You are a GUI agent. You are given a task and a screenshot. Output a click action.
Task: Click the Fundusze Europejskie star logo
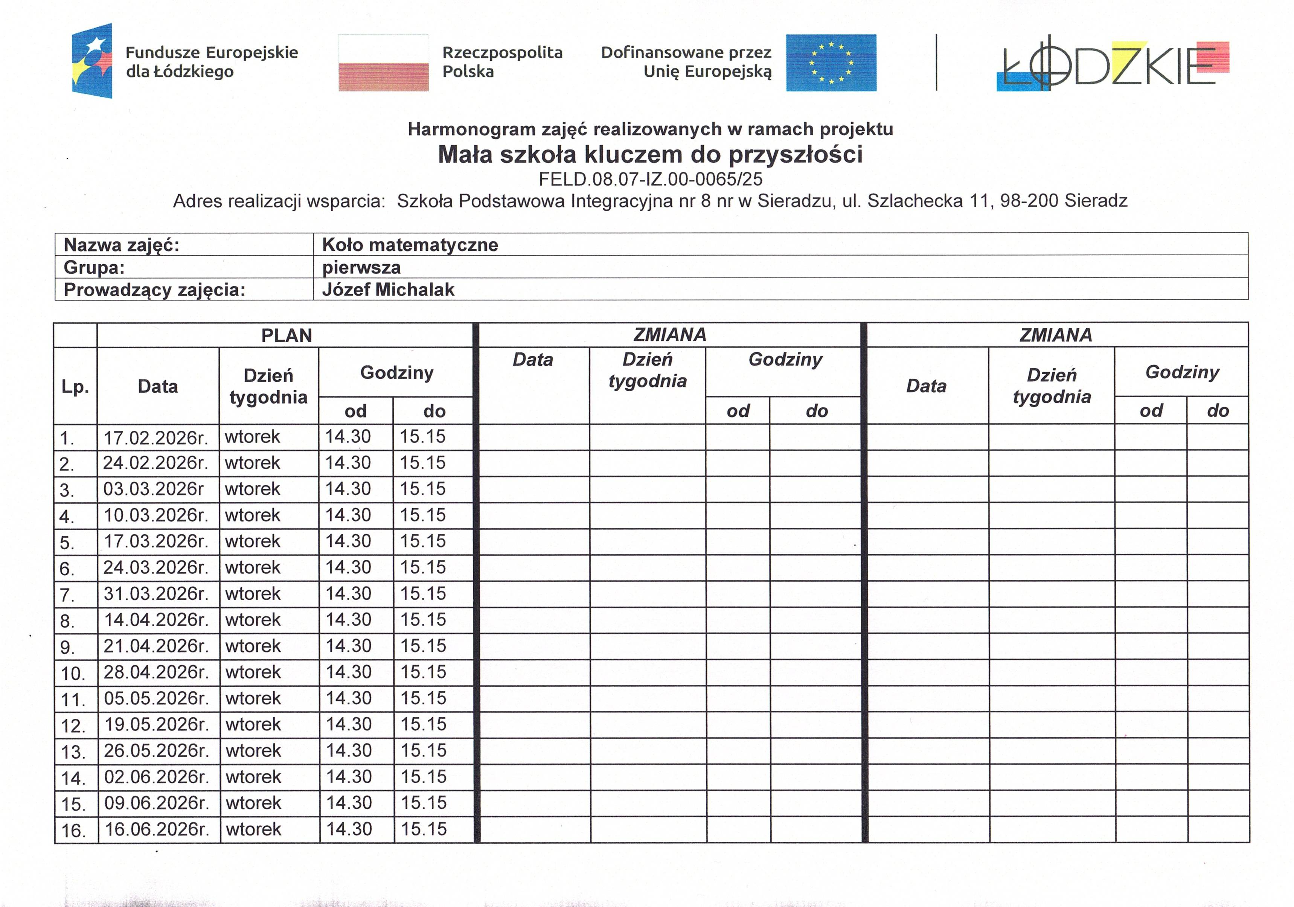click(92, 61)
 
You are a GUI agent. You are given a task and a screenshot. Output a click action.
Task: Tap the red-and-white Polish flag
click(383, 62)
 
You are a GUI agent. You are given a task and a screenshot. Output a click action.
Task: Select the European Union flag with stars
click(831, 62)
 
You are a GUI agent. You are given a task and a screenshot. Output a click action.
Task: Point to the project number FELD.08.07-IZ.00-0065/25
click(650, 179)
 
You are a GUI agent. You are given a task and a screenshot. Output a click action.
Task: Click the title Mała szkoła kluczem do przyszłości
click(650, 154)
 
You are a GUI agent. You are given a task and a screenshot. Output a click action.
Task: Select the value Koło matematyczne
click(410, 245)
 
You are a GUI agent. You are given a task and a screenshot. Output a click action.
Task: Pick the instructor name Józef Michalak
click(388, 290)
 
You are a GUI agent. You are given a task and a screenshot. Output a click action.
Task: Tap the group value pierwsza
click(361, 267)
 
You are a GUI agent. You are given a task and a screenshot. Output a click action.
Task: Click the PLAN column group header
click(286, 335)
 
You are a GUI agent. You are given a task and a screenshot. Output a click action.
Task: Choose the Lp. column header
click(75, 387)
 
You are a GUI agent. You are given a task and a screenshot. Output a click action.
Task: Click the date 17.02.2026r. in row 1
click(155, 437)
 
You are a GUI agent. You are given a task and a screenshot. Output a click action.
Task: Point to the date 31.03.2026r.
click(155, 594)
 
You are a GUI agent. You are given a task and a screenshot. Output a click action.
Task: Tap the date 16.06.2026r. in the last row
click(157, 829)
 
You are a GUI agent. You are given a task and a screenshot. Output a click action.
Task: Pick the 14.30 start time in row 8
click(348, 619)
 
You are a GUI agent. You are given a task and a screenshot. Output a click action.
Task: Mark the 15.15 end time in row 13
click(423, 750)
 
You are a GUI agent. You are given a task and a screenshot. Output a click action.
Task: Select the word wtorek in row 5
click(253, 541)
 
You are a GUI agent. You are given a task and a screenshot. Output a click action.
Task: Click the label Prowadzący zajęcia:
click(154, 290)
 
